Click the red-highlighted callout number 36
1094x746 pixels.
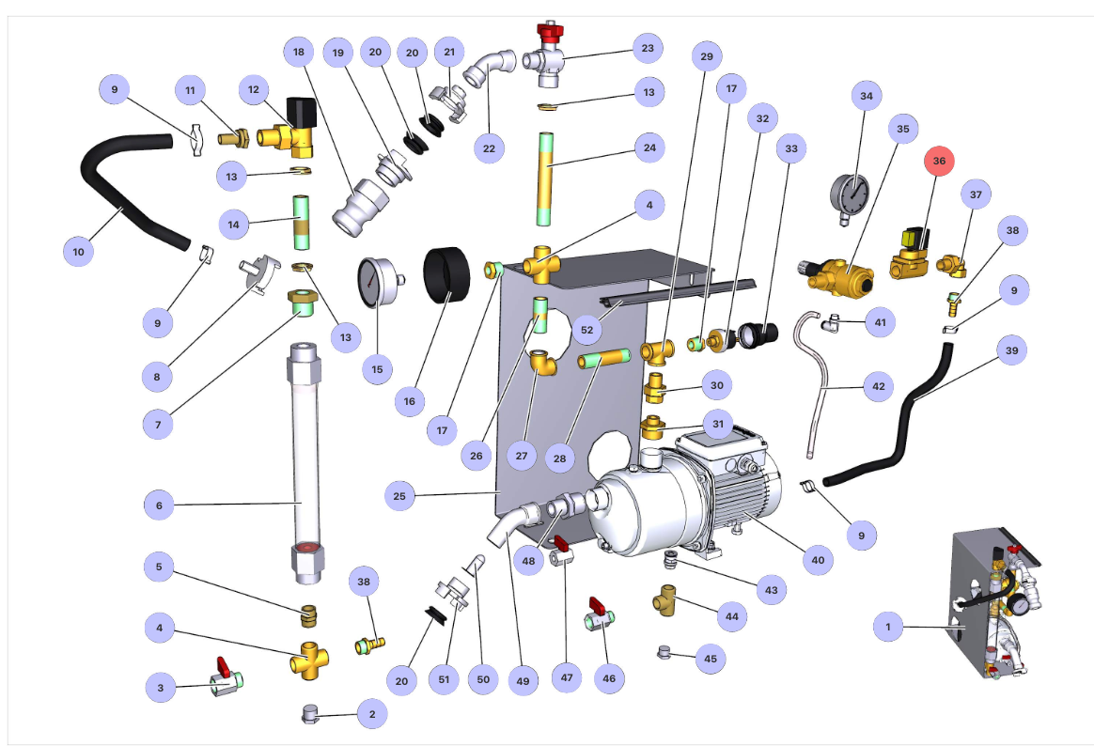(939, 162)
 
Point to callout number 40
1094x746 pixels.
(817, 560)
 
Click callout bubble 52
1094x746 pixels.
(587, 331)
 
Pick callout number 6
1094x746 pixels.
(159, 505)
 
